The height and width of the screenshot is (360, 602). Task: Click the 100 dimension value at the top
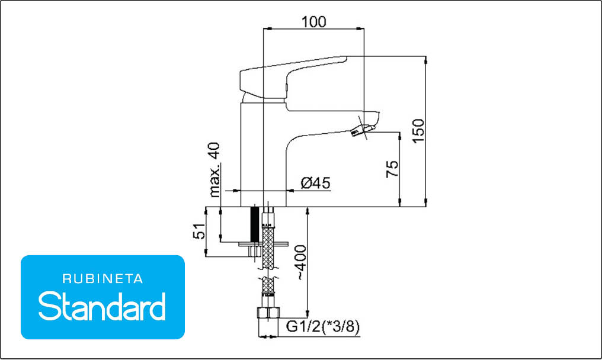coord(313,22)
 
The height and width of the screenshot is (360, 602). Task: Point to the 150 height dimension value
coord(418,131)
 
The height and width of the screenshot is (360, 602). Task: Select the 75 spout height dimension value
coord(392,169)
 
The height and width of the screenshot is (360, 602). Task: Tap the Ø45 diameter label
coord(316,183)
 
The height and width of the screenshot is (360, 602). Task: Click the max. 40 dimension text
coord(215,169)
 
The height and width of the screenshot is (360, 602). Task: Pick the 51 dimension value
coord(199,231)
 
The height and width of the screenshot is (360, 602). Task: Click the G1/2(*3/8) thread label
coord(323,327)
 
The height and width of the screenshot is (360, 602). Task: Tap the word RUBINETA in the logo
coord(103,279)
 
